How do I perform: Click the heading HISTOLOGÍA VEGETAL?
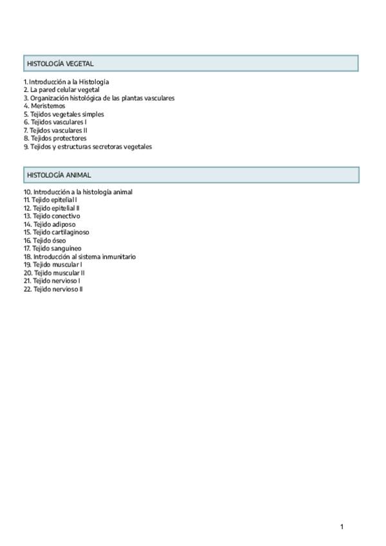[x=60, y=64]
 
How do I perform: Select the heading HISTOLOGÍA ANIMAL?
[x=59, y=175]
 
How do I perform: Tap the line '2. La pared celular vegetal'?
[x=62, y=90]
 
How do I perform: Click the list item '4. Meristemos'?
[x=44, y=106]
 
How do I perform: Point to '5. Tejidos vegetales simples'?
[x=64, y=114]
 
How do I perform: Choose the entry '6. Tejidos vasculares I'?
[x=55, y=122]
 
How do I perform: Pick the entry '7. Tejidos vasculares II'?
[x=56, y=130]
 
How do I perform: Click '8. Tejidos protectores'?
[x=55, y=138]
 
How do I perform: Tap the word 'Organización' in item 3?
[x=50, y=99]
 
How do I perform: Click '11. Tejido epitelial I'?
[x=50, y=200]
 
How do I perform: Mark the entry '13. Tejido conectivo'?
[x=52, y=216]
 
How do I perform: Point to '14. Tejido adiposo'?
[x=50, y=225]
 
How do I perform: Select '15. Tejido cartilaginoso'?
[x=57, y=232]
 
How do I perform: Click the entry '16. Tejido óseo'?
[x=45, y=241]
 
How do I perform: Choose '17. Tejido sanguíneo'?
[x=53, y=249]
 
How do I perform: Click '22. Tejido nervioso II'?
[x=54, y=289]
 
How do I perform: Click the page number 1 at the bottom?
[x=342, y=527]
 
